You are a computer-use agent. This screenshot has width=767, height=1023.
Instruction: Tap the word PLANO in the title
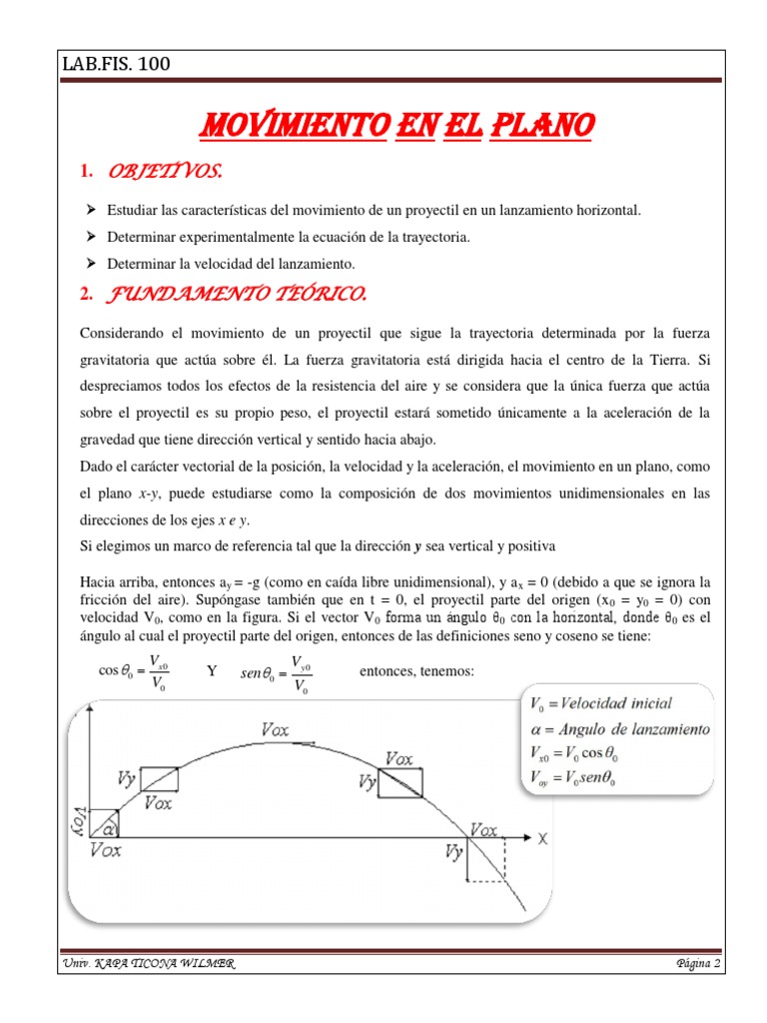coord(544,127)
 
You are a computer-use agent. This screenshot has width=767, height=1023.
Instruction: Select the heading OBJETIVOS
coord(164,173)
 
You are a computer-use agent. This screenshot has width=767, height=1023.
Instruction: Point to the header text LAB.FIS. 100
coord(117,65)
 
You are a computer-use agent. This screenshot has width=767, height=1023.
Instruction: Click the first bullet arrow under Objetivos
coord(91,210)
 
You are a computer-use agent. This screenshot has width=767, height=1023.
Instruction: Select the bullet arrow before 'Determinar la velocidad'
coord(91,263)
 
